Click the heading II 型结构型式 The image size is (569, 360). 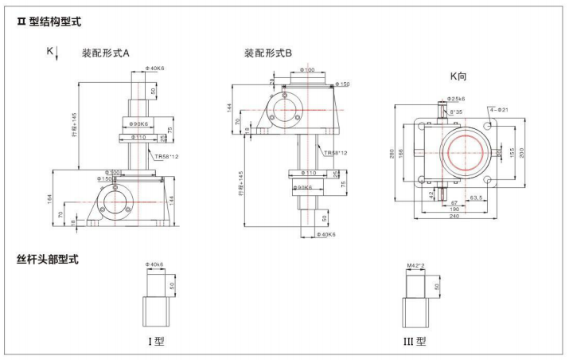coord(49,22)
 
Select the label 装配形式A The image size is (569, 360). coord(106,53)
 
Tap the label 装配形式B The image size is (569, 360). coord(268,53)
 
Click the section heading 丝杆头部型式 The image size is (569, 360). coord(48,260)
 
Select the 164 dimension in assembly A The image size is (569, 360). coord(50,198)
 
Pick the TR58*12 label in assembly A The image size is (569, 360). coord(167,157)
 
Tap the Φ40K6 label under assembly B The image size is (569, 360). coord(327,235)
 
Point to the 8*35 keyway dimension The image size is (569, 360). coord(455,112)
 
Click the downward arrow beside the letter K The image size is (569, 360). coord(57,56)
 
